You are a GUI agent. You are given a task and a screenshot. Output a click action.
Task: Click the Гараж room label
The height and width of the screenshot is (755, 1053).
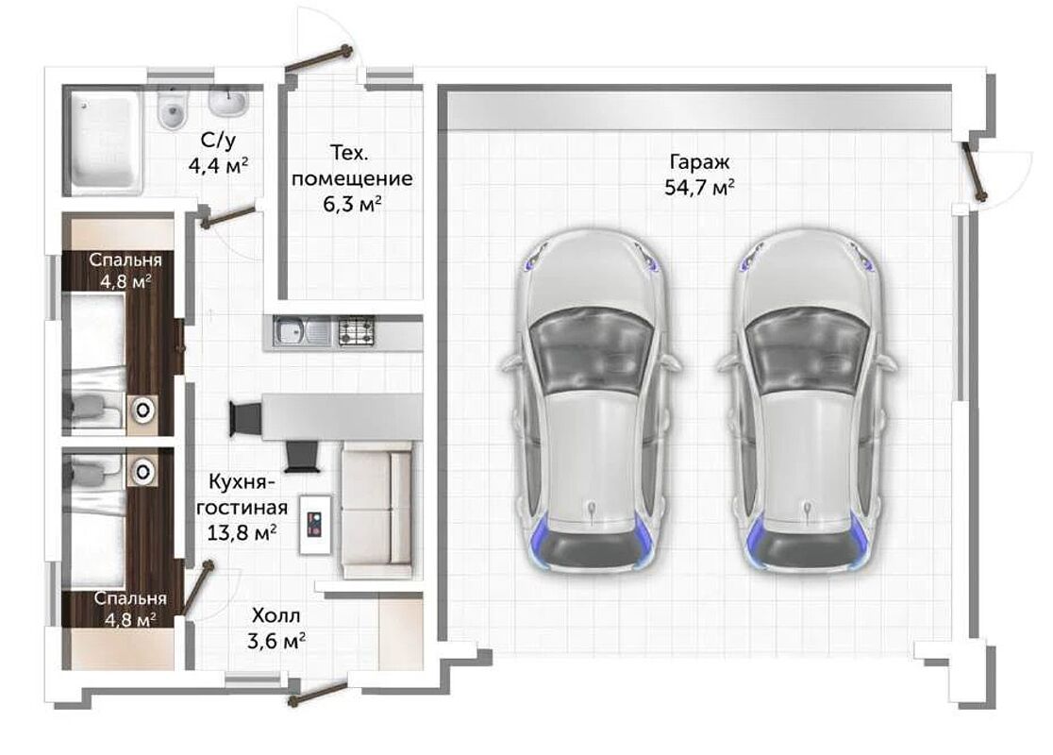click(699, 162)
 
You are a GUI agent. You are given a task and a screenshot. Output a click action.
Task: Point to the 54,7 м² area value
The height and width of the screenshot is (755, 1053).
click(699, 188)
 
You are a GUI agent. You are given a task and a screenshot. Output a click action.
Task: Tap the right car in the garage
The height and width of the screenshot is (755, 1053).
click(808, 401)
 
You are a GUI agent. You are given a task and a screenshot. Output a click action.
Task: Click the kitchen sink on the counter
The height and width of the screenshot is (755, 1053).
click(302, 331)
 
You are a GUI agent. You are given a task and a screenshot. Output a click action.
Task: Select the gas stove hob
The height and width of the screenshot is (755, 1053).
click(356, 331)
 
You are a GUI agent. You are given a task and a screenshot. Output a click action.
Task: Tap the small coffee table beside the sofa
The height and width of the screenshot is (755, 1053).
click(315, 525)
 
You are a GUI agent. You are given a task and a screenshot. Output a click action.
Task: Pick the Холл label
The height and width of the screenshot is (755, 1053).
click(276, 615)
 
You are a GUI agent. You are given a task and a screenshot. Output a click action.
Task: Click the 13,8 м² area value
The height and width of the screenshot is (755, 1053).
click(242, 533)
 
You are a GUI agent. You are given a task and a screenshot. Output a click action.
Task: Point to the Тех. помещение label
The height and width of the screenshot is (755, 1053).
click(352, 166)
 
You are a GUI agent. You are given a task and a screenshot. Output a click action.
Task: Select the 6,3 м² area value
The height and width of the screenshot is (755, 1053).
click(353, 203)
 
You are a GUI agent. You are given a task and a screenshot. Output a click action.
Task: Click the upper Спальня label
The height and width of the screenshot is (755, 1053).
click(125, 260)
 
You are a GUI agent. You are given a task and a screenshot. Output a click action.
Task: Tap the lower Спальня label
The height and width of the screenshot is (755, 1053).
click(130, 597)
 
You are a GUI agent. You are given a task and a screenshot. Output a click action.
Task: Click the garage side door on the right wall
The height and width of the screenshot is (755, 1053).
click(975, 170)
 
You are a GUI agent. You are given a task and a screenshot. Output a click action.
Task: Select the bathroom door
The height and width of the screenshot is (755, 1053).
click(227, 215)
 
